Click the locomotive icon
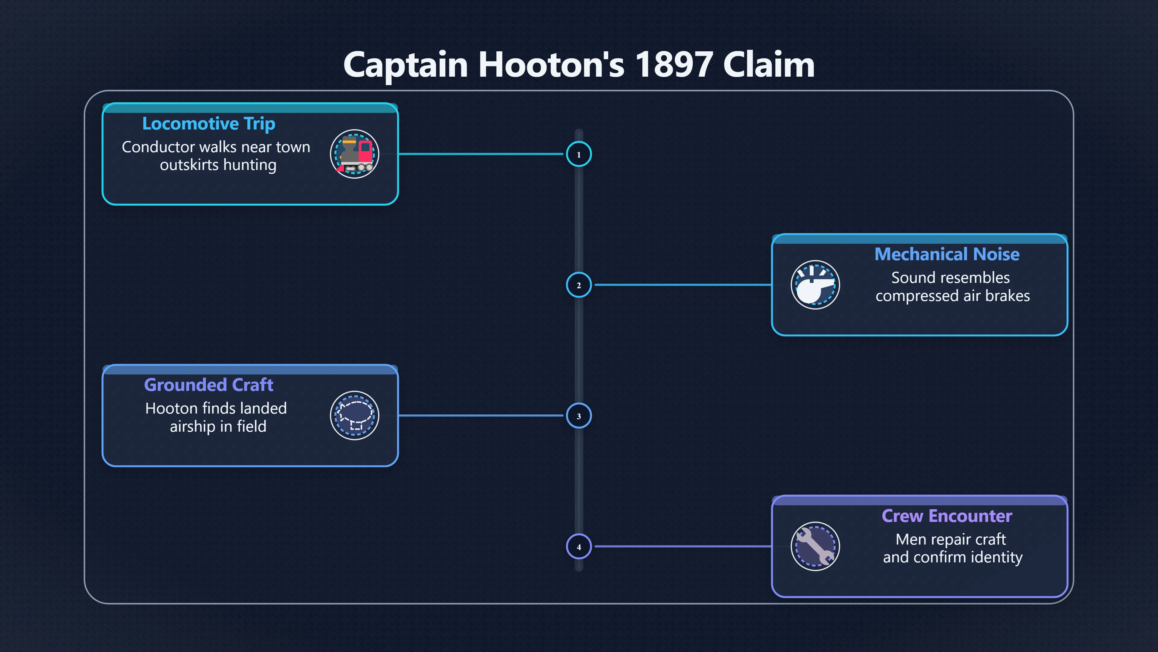coord(355,154)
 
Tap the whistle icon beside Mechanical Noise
coord(815,285)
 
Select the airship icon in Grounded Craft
coord(355,415)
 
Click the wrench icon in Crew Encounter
coord(815,546)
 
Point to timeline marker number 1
coord(579,154)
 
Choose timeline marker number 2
coord(579,285)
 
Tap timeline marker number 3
coord(579,416)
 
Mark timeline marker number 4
coord(579,547)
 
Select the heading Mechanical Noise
coord(947,254)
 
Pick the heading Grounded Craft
coord(209,385)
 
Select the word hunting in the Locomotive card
coord(250,165)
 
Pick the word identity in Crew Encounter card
coord(997,558)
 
